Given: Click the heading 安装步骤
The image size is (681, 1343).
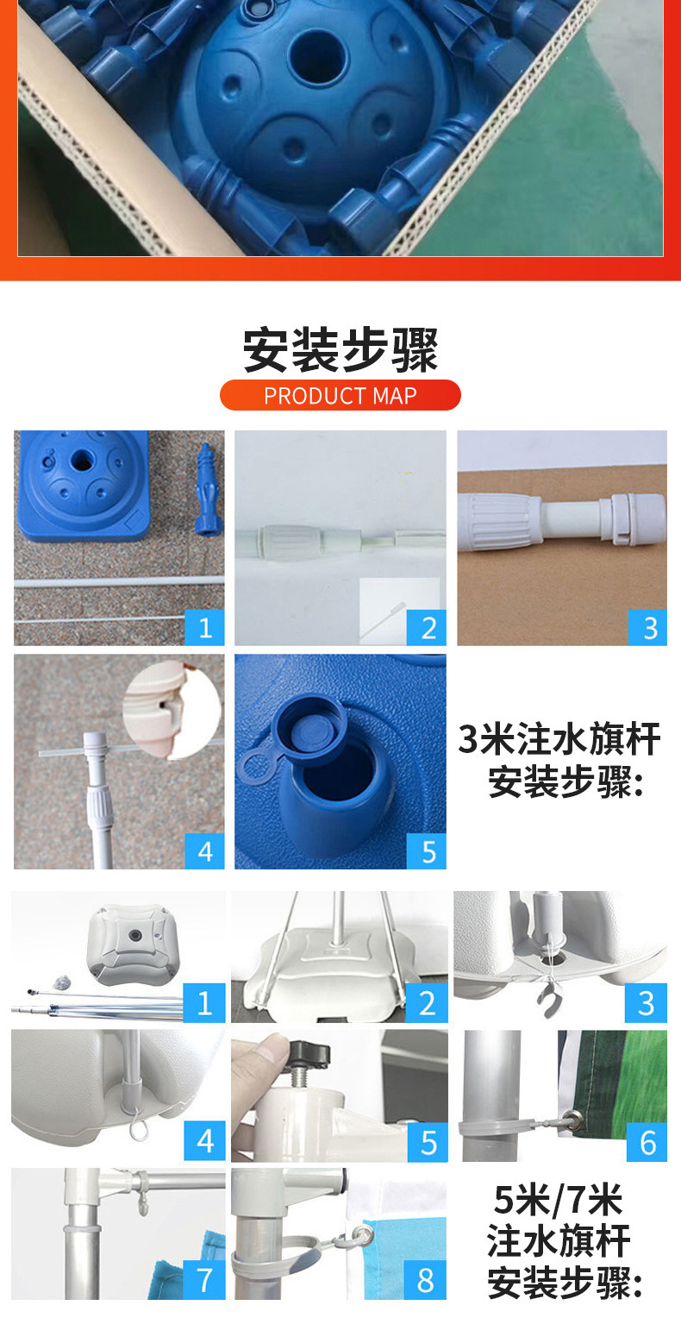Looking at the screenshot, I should [340, 349].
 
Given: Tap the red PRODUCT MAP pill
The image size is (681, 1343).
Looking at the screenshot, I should [340, 395].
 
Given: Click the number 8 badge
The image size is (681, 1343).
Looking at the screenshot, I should [425, 1279].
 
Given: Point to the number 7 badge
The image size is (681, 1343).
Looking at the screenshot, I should [204, 1279].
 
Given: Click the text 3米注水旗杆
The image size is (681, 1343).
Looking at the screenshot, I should [559, 740].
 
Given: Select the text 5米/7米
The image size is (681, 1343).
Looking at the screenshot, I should [558, 1200].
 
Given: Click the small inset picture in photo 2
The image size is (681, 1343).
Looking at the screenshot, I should [399, 610].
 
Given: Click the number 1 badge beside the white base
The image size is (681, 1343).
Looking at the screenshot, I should [204, 1002].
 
